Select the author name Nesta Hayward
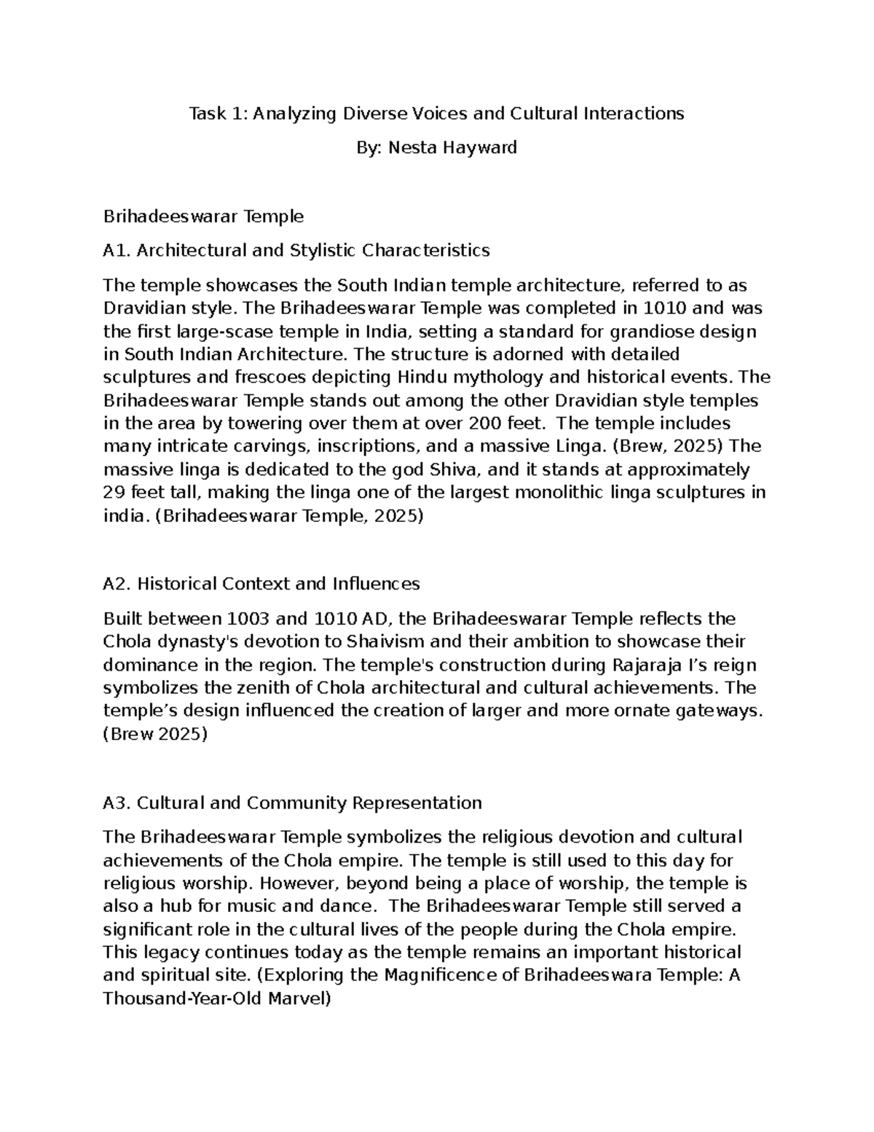(452, 148)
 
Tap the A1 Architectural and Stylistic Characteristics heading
(296, 251)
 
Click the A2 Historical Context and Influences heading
(261, 584)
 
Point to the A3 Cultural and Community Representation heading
(292, 803)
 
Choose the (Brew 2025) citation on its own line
(155, 735)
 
